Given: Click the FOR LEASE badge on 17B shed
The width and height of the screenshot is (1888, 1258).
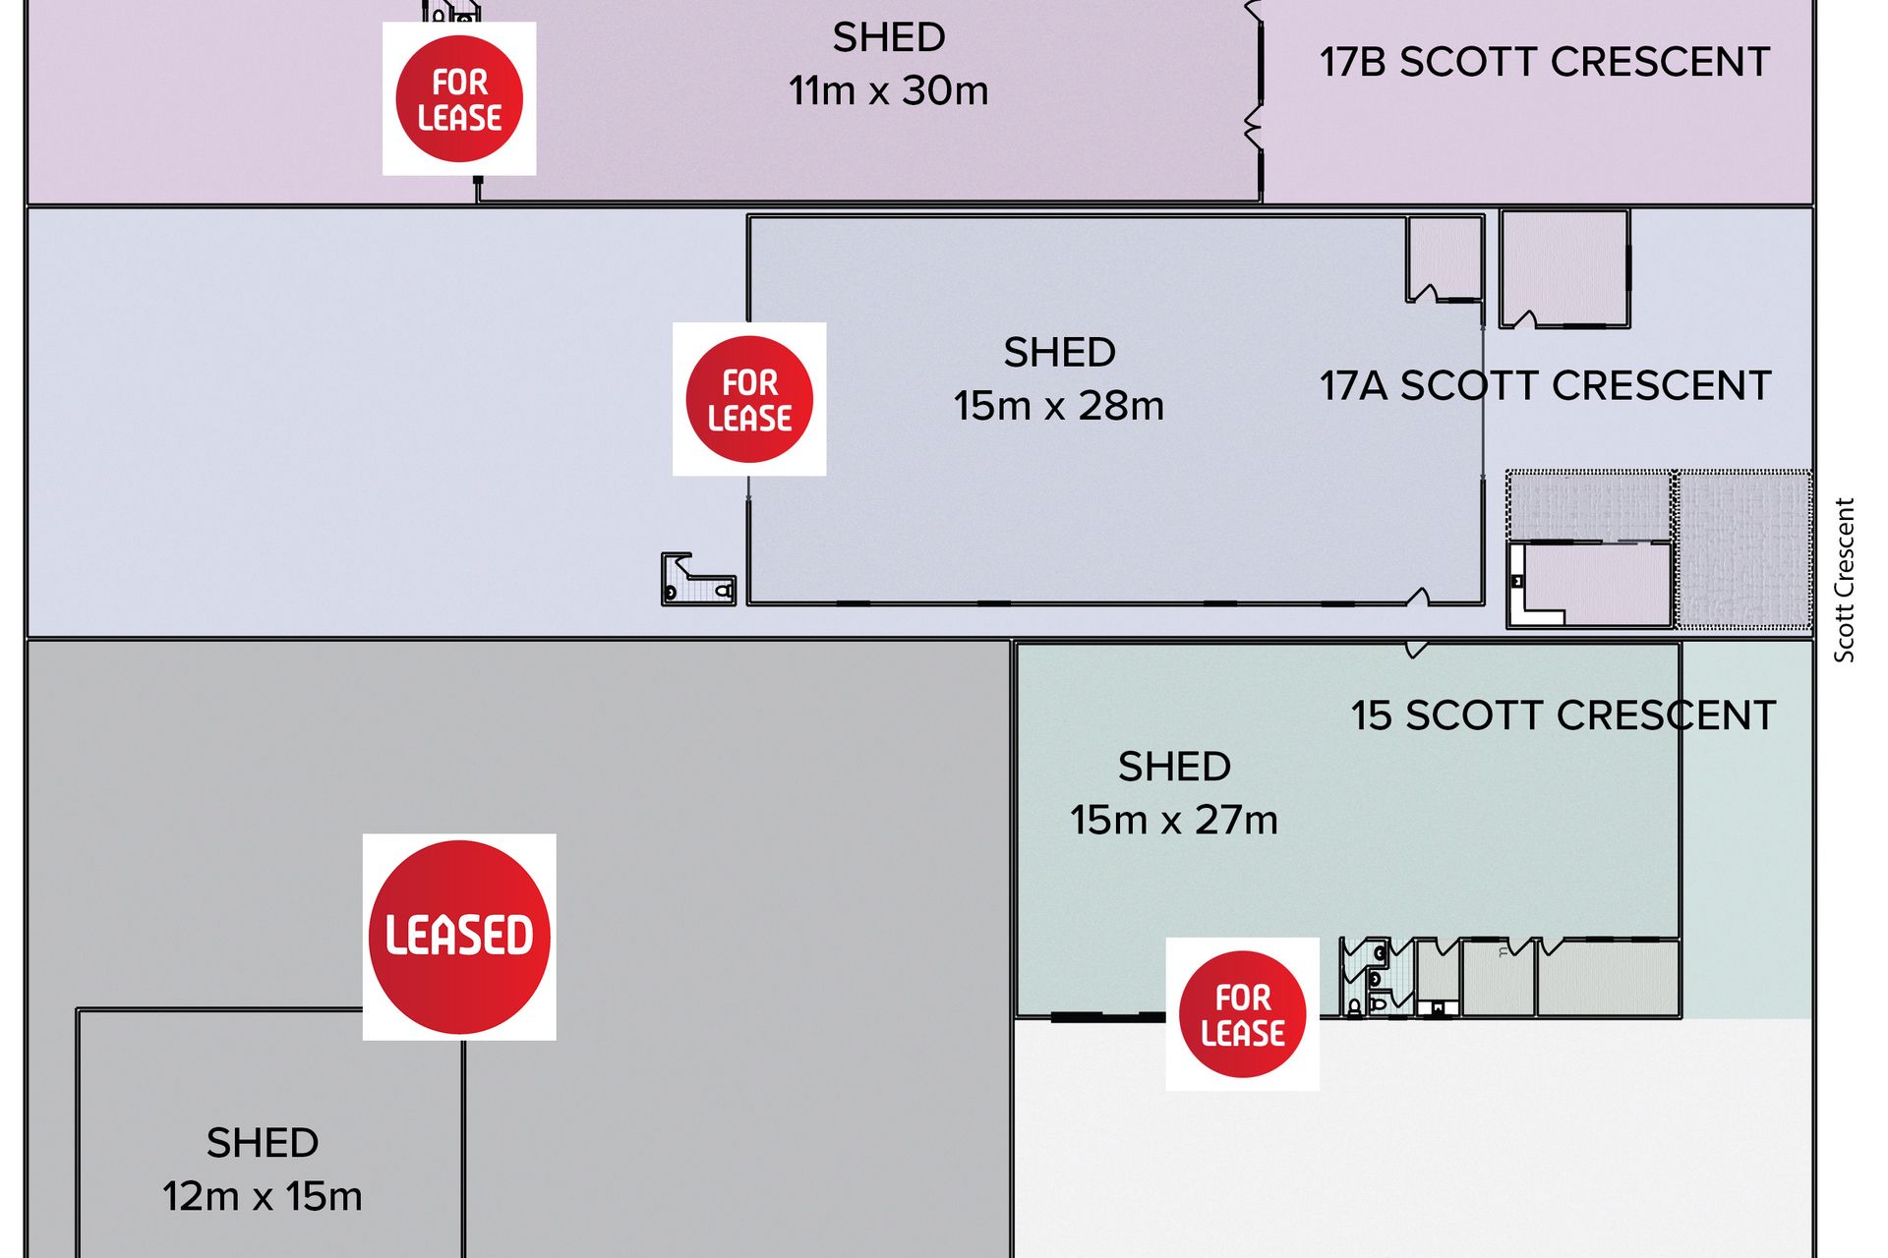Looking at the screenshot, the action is pos(459,98).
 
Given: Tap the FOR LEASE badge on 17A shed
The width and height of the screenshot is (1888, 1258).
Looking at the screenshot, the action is pos(749,399).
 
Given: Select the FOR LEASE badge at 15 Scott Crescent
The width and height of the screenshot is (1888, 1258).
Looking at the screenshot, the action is pos(1243,1014).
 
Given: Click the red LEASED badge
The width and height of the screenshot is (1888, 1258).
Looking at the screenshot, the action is pos(459,937).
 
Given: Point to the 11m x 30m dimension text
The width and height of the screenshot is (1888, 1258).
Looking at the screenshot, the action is pos(888,90).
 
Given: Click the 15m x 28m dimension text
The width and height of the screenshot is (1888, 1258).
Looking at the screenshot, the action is pos(1059,405).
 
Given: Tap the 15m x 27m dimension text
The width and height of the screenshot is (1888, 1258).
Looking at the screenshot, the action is pos(1174,820).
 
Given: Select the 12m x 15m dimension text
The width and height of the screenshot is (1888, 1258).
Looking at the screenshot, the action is pos(263,1196).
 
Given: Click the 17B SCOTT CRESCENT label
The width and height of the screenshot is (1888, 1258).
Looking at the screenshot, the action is pos(1545,62).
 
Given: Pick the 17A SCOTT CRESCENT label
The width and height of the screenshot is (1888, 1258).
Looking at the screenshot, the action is pos(1546,385).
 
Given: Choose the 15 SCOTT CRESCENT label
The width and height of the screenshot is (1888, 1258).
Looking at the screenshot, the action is pos(1563,715).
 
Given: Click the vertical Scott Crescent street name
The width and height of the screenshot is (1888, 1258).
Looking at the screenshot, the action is pos(1844,580).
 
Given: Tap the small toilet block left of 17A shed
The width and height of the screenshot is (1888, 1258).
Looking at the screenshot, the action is pos(698,579).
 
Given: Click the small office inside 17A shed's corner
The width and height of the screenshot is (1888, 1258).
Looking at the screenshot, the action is pos(1445,259).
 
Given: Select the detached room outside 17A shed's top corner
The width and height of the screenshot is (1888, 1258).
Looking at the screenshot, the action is pos(1564,268).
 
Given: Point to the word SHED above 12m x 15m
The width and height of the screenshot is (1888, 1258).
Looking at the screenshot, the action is pos(263,1143).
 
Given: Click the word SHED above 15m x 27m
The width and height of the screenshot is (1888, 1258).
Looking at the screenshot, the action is pos(1174,767).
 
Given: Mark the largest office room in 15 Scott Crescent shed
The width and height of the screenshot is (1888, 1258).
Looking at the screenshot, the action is pos(1608,977).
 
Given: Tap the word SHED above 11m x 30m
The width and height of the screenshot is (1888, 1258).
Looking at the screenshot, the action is pos(889,37).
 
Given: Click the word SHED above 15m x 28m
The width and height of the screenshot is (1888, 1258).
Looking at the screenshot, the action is pos(1059,352).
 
